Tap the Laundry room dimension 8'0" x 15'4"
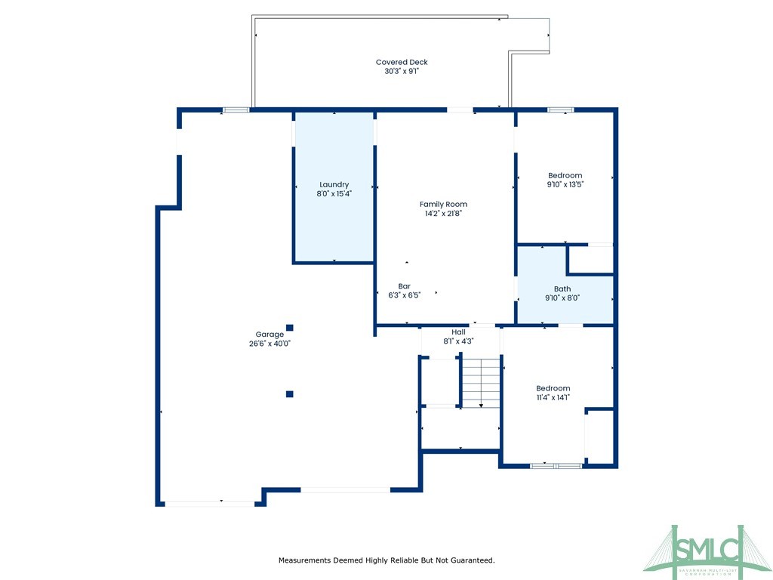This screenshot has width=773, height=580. tap(334, 193)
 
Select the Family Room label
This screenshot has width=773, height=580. tap(443, 204)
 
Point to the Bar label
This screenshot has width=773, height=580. tap(404, 286)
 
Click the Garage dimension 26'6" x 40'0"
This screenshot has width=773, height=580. tap(269, 343)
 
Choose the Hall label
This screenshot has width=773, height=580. tap(458, 332)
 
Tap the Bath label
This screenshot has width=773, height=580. tap(562, 288)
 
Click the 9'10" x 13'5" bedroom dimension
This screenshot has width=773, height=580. tap(565, 184)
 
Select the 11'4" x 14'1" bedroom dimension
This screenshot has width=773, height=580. tap(553, 397)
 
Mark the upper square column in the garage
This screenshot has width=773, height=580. tap(289, 327)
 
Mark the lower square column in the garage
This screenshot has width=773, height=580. tap(289, 393)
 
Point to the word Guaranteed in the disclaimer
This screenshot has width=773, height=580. tap(471, 560)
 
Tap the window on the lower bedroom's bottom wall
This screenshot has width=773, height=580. tap(556, 466)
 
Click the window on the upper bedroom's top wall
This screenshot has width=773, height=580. tap(560, 110)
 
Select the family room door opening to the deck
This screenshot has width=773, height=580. tap(460, 110)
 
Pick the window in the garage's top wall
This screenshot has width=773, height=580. tap(236, 110)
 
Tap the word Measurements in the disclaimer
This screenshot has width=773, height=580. tap(306, 560)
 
